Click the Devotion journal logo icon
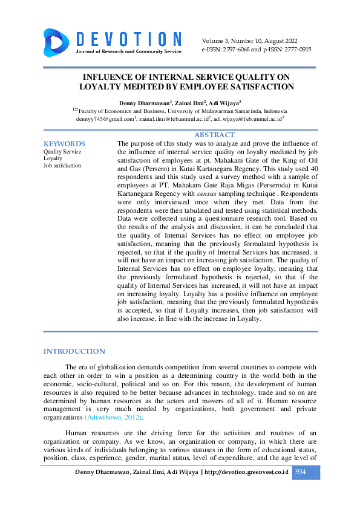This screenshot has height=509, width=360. [57, 41]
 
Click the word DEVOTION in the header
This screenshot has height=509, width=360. [129, 39]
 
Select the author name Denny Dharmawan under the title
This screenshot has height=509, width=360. [145, 103]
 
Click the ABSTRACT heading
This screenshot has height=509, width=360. [214, 135]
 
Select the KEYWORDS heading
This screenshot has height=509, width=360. [64, 144]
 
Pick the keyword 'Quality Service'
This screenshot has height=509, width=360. [62, 152]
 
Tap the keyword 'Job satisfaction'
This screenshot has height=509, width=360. [62, 165]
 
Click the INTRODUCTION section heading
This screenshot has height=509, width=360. [74, 351]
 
